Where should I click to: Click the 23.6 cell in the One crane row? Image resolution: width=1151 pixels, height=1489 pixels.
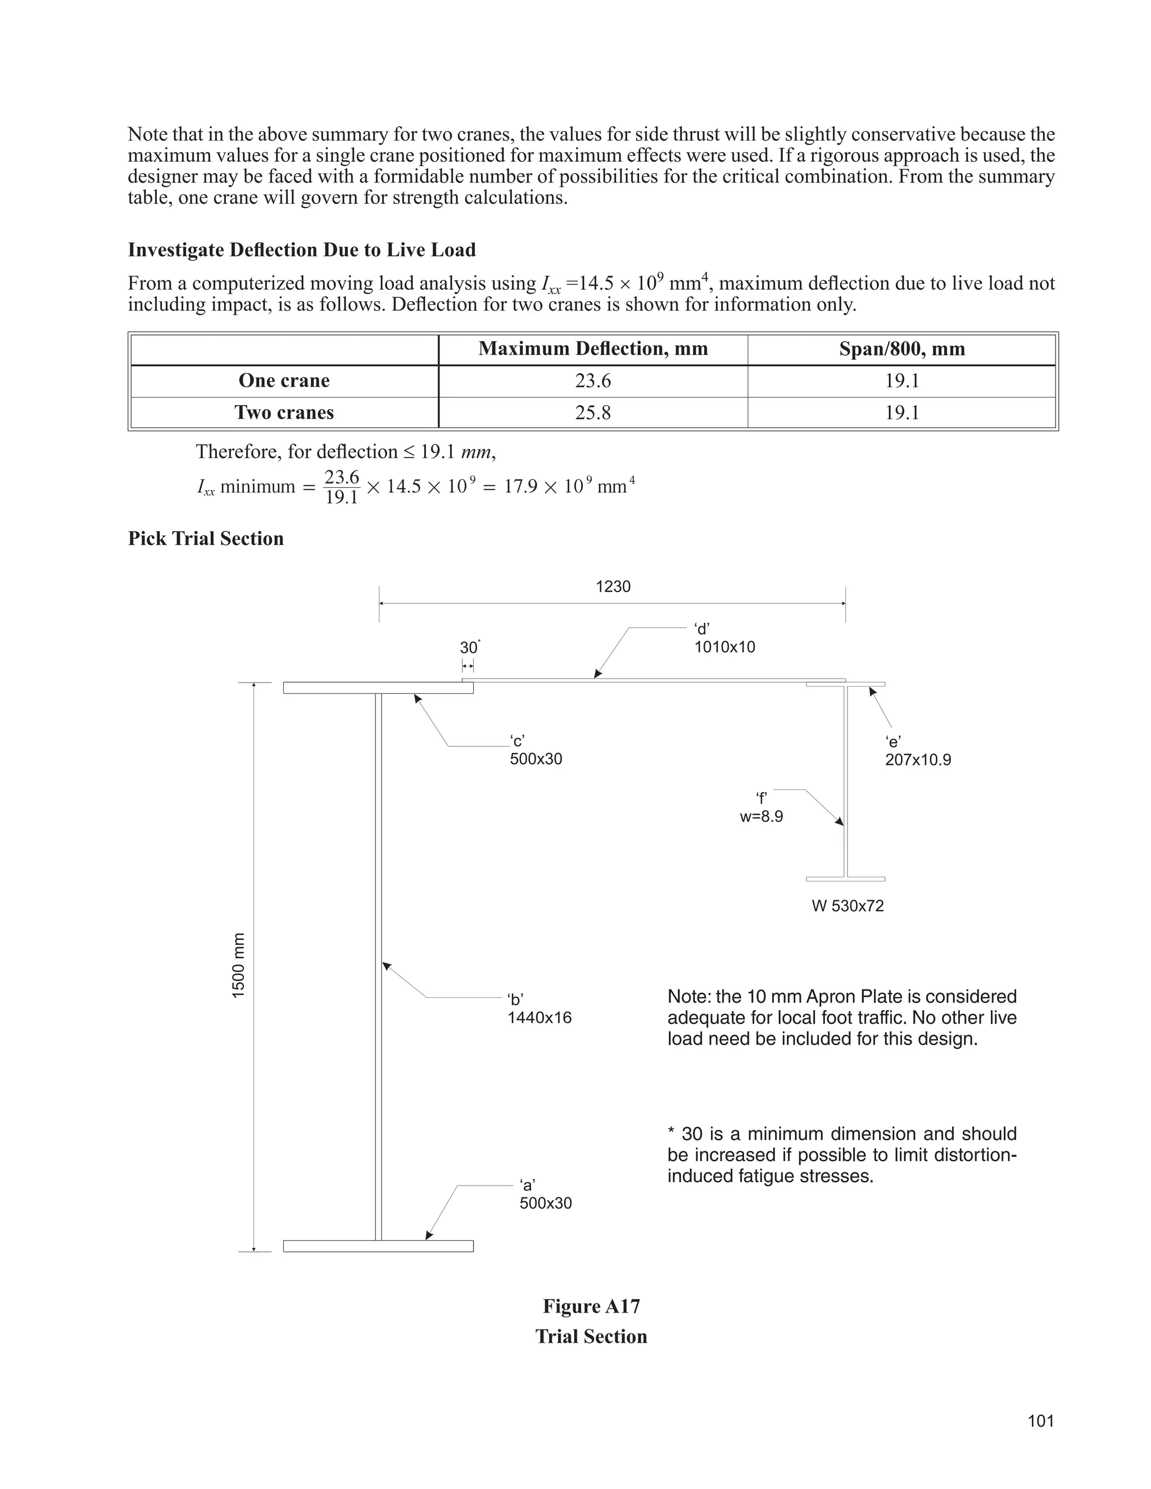[x=592, y=380]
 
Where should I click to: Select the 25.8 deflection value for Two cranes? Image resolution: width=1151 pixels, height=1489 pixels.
[x=592, y=412]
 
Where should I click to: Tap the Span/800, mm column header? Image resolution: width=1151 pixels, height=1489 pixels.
[x=901, y=349]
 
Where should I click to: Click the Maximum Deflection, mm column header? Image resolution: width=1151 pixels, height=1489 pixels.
[x=592, y=349]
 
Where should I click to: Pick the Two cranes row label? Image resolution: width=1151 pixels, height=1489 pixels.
[x=284, y=412]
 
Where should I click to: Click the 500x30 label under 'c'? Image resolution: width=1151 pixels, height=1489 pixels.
[x=536, y=759]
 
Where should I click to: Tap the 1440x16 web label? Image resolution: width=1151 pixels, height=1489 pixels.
[x=540, y=1018]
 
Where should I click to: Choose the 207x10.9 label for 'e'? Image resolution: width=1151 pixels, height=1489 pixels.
[x=918, y=760]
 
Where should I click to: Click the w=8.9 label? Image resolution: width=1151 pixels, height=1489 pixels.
[x=761, y=816]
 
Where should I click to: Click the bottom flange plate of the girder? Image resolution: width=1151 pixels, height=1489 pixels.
[x=378, y=1246]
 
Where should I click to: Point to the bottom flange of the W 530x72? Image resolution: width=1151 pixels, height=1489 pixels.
[x=845, y=879]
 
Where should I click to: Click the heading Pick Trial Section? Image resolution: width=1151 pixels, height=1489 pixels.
[x=206, y=539]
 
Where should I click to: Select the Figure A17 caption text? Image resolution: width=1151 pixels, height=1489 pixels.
[x=591, y=1306]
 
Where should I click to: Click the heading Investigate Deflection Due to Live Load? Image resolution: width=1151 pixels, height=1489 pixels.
[x=301, y=250]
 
